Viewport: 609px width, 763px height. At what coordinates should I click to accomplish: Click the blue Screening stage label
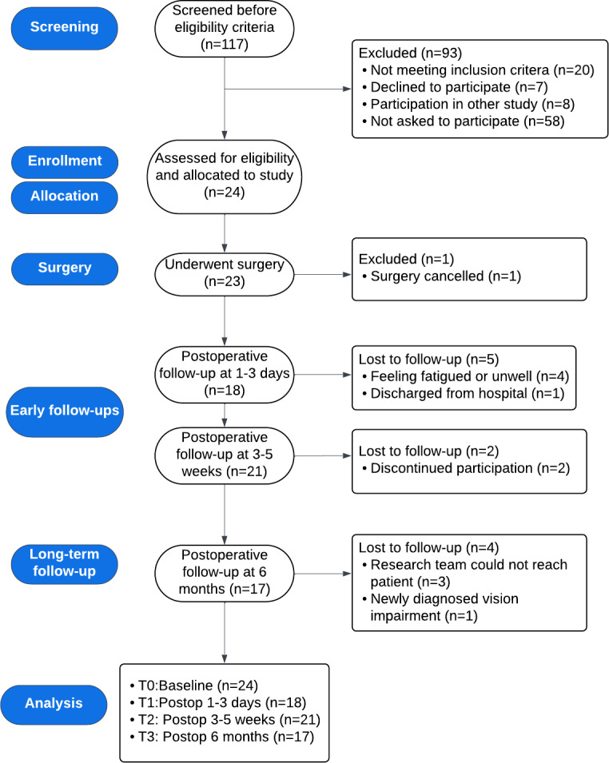(64, 28)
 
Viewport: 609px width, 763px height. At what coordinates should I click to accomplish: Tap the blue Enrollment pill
(64, 161)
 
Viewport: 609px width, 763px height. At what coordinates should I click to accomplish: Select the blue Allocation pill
(64, 197)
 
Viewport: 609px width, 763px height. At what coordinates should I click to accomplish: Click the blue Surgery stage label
(64, 268)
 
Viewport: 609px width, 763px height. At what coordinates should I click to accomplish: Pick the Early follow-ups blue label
(64, 411)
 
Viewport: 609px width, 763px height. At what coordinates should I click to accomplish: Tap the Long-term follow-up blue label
(64, 563)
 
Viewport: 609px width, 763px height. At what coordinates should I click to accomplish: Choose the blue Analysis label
(54, 704)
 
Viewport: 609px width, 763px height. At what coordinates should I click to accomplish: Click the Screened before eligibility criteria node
(225, 28)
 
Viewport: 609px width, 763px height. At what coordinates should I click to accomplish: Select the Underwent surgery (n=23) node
(225, 274)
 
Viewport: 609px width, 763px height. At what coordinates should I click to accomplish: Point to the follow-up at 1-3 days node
(225, 374)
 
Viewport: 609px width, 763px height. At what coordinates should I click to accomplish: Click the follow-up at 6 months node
(225, 573)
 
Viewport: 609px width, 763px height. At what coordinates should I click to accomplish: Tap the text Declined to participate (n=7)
(459, 87)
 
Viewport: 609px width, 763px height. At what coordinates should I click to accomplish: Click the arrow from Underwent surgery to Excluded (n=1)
(323, 275)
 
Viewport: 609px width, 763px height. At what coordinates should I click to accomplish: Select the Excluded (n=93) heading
(410, 53)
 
